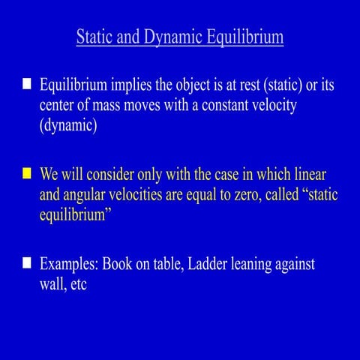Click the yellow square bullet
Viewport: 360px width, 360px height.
point(26,174)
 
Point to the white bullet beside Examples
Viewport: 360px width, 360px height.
point(26,263)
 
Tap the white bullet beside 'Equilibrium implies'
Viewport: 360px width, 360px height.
point(26,84)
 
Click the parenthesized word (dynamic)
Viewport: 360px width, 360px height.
point(68,125)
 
